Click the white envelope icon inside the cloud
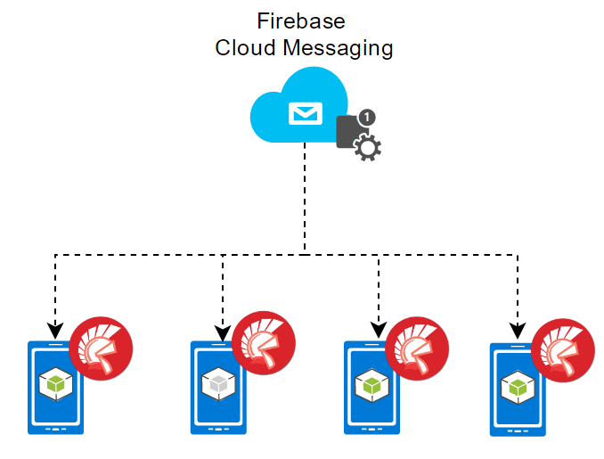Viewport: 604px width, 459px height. (304, 113)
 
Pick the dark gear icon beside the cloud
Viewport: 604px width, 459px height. (367, 148)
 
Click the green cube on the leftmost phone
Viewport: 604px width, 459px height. (56, 384)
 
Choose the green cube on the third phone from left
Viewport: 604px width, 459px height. (371, 386)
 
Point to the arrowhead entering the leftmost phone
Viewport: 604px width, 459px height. (56, 328)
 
